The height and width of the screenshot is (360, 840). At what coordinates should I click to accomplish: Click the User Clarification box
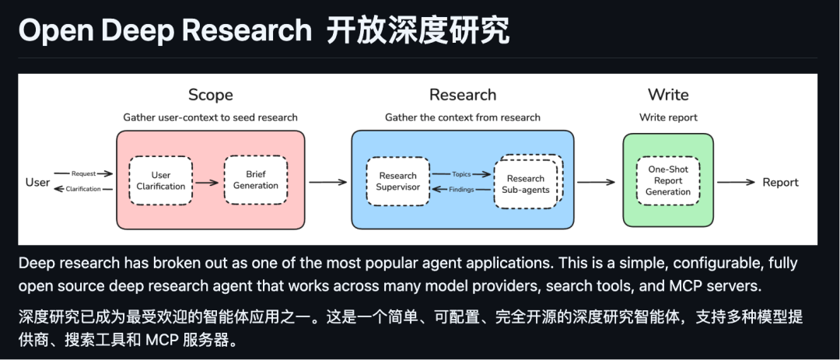tap(161, 181)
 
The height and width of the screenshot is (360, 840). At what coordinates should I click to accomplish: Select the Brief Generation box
tap(255, 180)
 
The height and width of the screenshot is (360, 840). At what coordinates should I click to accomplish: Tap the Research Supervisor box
tap(398, 181)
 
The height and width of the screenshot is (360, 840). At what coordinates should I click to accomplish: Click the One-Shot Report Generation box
tap(667, 180)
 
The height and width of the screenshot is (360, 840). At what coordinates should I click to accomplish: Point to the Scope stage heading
tap(210, 95)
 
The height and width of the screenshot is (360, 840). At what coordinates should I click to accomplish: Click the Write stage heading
tap(668, 95)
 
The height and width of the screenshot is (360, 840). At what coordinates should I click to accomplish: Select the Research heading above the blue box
tap(462, 95)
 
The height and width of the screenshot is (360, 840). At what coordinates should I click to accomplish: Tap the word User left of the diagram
tap(37, 182)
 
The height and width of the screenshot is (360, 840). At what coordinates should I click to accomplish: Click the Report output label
tap(780, 182)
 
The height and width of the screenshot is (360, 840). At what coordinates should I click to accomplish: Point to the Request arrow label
tap(83, 173)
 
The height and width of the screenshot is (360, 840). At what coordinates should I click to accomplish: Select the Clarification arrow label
tap(83, 189)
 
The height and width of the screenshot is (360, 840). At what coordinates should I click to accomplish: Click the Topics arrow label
tap(461, 174)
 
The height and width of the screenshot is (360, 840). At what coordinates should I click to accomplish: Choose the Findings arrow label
tap(461, 189)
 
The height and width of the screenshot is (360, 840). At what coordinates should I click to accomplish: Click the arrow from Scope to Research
tap(327, 182)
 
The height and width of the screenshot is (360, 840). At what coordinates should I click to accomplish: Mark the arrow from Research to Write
tap(597, 182)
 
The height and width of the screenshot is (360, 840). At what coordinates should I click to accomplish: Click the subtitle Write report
tap(668, 117)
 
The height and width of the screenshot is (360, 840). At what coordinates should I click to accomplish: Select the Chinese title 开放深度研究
tap(418, 30)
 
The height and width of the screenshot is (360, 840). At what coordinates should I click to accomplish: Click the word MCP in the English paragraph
tap(662, 286)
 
